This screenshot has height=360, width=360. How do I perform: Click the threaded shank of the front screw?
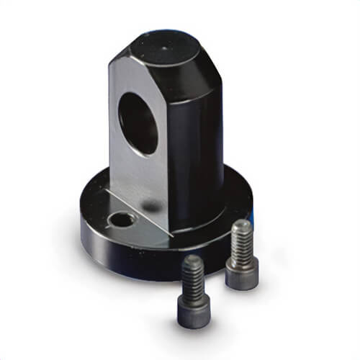192,276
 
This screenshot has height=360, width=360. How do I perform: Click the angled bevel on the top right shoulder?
205,68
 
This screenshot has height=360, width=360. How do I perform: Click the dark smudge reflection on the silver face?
152,207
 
